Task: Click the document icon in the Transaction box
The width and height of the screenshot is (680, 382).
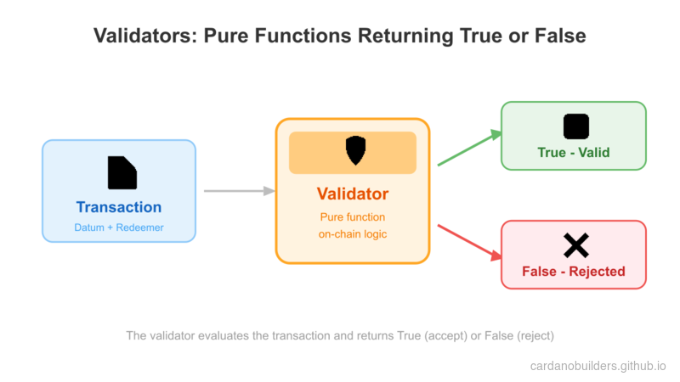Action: click(x=122, y=173)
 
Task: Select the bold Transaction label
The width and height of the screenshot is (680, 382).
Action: click(x=119, y=207)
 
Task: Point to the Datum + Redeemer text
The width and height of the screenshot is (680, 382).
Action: click(x=119, y=228)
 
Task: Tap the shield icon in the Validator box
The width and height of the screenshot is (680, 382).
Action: click(x=355, y=151)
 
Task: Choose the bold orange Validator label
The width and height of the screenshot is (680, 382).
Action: click(x=353, y=194)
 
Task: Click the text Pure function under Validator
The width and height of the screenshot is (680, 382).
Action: click(x=353, y=216)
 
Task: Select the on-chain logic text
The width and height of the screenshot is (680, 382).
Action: click(x=353, y=233)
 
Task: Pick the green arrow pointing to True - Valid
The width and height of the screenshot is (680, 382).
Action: click(x=468, y=148)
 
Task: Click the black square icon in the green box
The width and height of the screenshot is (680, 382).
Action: click(x=575, y=126)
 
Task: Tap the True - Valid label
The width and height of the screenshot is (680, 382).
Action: click(x=574, y=153)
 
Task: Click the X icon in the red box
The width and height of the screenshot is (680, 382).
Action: click(x=575, y=246)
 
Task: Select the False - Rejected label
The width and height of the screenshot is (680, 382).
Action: click(x=574, y=272)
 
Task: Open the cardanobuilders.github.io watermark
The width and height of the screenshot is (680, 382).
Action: click(x=598, y=365)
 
